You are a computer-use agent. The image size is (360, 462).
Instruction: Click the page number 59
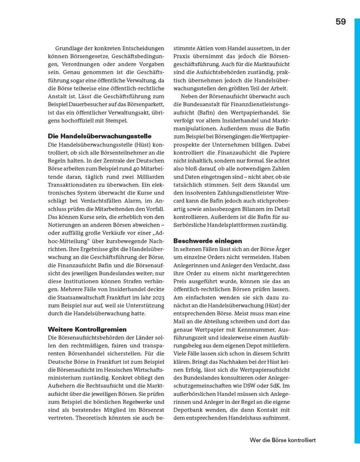coord(340,22)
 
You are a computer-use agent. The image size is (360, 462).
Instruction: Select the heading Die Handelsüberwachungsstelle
coord(99,136)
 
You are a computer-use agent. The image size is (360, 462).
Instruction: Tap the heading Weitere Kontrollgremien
coord(87,329)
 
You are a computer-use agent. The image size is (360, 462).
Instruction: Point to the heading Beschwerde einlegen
coord(207,240)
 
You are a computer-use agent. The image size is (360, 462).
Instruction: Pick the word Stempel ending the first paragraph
coord(115,121)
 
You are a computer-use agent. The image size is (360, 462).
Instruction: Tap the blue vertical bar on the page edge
coord(357,230)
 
